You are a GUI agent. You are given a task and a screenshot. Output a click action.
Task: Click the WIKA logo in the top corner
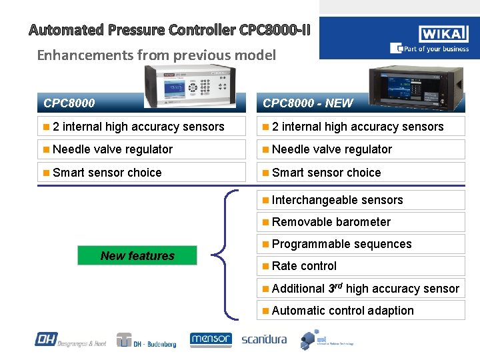443,34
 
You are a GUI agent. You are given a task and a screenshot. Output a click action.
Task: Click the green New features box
137,255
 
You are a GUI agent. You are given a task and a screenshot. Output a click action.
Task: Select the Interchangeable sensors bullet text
337,200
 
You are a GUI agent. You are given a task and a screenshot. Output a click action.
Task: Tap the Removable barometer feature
331,222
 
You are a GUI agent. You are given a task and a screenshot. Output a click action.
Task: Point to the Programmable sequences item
341,244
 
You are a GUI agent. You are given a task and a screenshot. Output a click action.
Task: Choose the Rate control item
304,266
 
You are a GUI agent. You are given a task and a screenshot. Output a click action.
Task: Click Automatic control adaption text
343,311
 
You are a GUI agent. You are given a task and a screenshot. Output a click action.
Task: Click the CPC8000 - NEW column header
308,103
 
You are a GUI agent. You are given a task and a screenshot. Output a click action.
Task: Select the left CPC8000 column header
69,103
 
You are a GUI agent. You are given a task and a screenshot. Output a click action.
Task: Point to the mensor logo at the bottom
211,340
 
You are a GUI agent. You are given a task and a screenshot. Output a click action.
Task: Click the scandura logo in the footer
264,339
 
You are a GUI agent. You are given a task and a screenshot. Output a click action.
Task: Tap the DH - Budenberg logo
147,341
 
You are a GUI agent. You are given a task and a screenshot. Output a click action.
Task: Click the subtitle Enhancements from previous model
156,55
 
